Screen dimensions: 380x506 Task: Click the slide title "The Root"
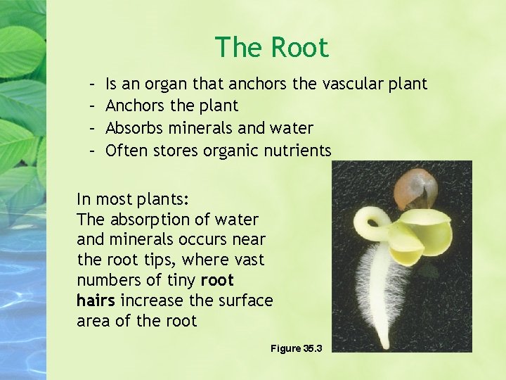[271, 48]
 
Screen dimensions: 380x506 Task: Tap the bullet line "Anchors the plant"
[171, 106]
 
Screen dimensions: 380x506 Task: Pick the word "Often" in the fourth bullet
[124, 150]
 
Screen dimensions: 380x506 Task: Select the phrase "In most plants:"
[133, 198]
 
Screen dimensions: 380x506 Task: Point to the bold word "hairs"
[96, 301]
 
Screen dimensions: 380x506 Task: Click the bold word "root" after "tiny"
[218, 281]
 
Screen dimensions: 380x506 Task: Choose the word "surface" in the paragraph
[246, 301]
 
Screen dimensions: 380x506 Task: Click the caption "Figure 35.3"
[296, 349]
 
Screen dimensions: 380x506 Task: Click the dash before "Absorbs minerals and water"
[94, 128]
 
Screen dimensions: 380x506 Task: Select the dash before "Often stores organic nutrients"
[94, 150]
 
